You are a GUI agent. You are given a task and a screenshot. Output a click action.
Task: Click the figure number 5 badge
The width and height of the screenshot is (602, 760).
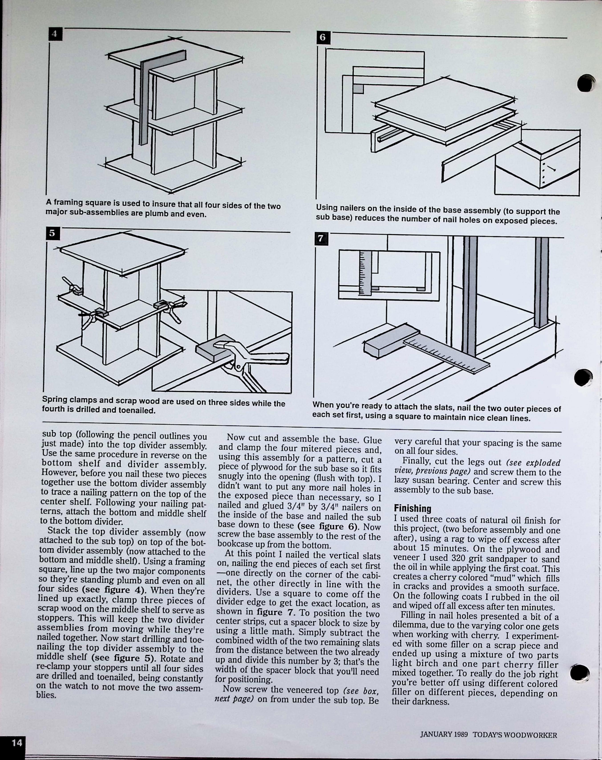click(52, 233)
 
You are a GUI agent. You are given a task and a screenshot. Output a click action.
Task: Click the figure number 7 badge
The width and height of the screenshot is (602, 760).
click(320, 239)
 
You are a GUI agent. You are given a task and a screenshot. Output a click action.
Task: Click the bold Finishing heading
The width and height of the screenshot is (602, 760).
click(412, 508)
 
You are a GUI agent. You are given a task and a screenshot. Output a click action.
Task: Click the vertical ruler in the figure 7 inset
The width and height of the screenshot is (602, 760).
click(365, 273)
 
